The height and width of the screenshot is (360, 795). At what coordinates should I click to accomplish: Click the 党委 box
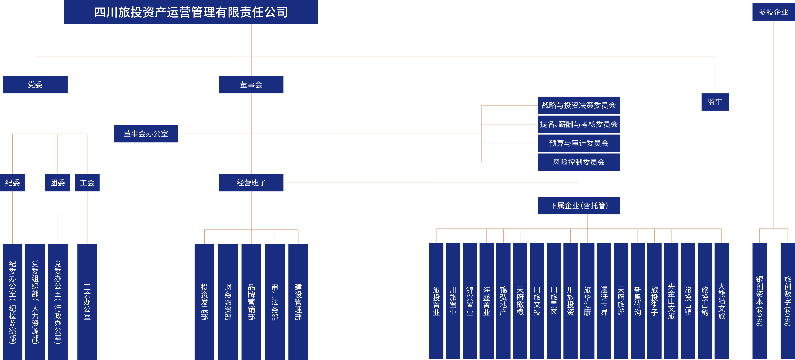[35, 85]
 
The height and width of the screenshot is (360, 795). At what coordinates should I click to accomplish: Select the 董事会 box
[251, 85]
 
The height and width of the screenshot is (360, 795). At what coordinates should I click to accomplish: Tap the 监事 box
[715, 102]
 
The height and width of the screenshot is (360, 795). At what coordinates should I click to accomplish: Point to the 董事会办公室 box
[146, 134]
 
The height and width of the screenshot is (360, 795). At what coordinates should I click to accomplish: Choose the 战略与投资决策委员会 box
[579, 105]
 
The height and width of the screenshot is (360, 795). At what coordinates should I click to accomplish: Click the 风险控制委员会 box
[579, 162]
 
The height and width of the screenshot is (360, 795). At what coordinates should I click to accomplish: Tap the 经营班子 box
[251, 183]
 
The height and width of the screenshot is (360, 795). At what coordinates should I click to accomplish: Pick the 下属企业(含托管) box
[579, 206]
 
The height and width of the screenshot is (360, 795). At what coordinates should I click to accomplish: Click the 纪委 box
[12, 183]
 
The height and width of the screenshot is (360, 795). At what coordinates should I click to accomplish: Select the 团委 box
[57, 183]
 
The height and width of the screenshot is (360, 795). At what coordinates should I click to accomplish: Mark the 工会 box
[87, 183]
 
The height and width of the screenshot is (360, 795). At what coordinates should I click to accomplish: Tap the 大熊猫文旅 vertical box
[722, 301]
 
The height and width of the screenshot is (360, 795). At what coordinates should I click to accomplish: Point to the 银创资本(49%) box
[759, 301]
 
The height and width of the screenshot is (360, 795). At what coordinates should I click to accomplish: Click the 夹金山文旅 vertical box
[671, 301]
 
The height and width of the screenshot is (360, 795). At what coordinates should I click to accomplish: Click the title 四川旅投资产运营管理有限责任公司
[191, 12]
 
